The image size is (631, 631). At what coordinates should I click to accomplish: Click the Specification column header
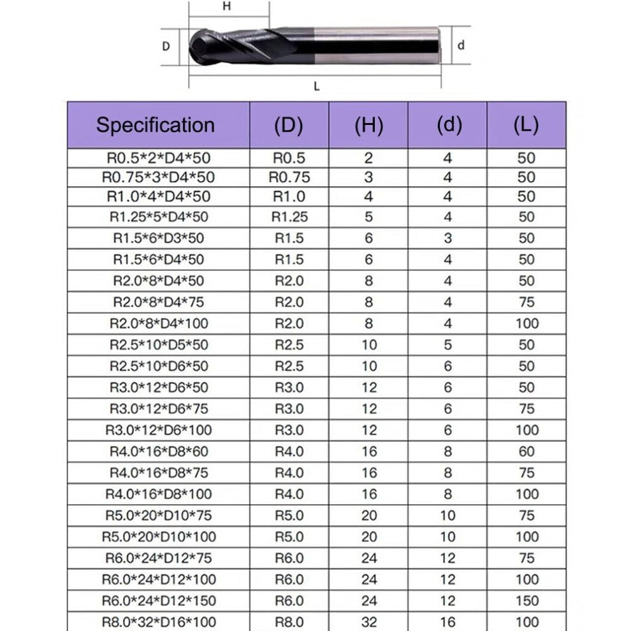click(156, 125)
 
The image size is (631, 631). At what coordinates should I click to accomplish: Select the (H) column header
click(368, 125)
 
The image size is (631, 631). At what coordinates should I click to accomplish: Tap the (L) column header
click(526, 125)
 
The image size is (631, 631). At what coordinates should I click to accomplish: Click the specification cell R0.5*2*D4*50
click(159, 158)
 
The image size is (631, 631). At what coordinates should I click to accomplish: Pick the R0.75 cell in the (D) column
click(289, 177)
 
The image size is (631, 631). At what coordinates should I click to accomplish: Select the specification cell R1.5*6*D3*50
click(159, 238)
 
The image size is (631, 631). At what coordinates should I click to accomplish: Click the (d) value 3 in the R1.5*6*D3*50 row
click(448, 238)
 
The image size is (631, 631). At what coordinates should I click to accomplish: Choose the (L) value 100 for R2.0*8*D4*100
click(526, 324)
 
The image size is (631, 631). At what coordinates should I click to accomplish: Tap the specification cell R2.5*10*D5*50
click(159, 345)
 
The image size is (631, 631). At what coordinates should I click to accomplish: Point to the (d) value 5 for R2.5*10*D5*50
click(448, 345)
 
